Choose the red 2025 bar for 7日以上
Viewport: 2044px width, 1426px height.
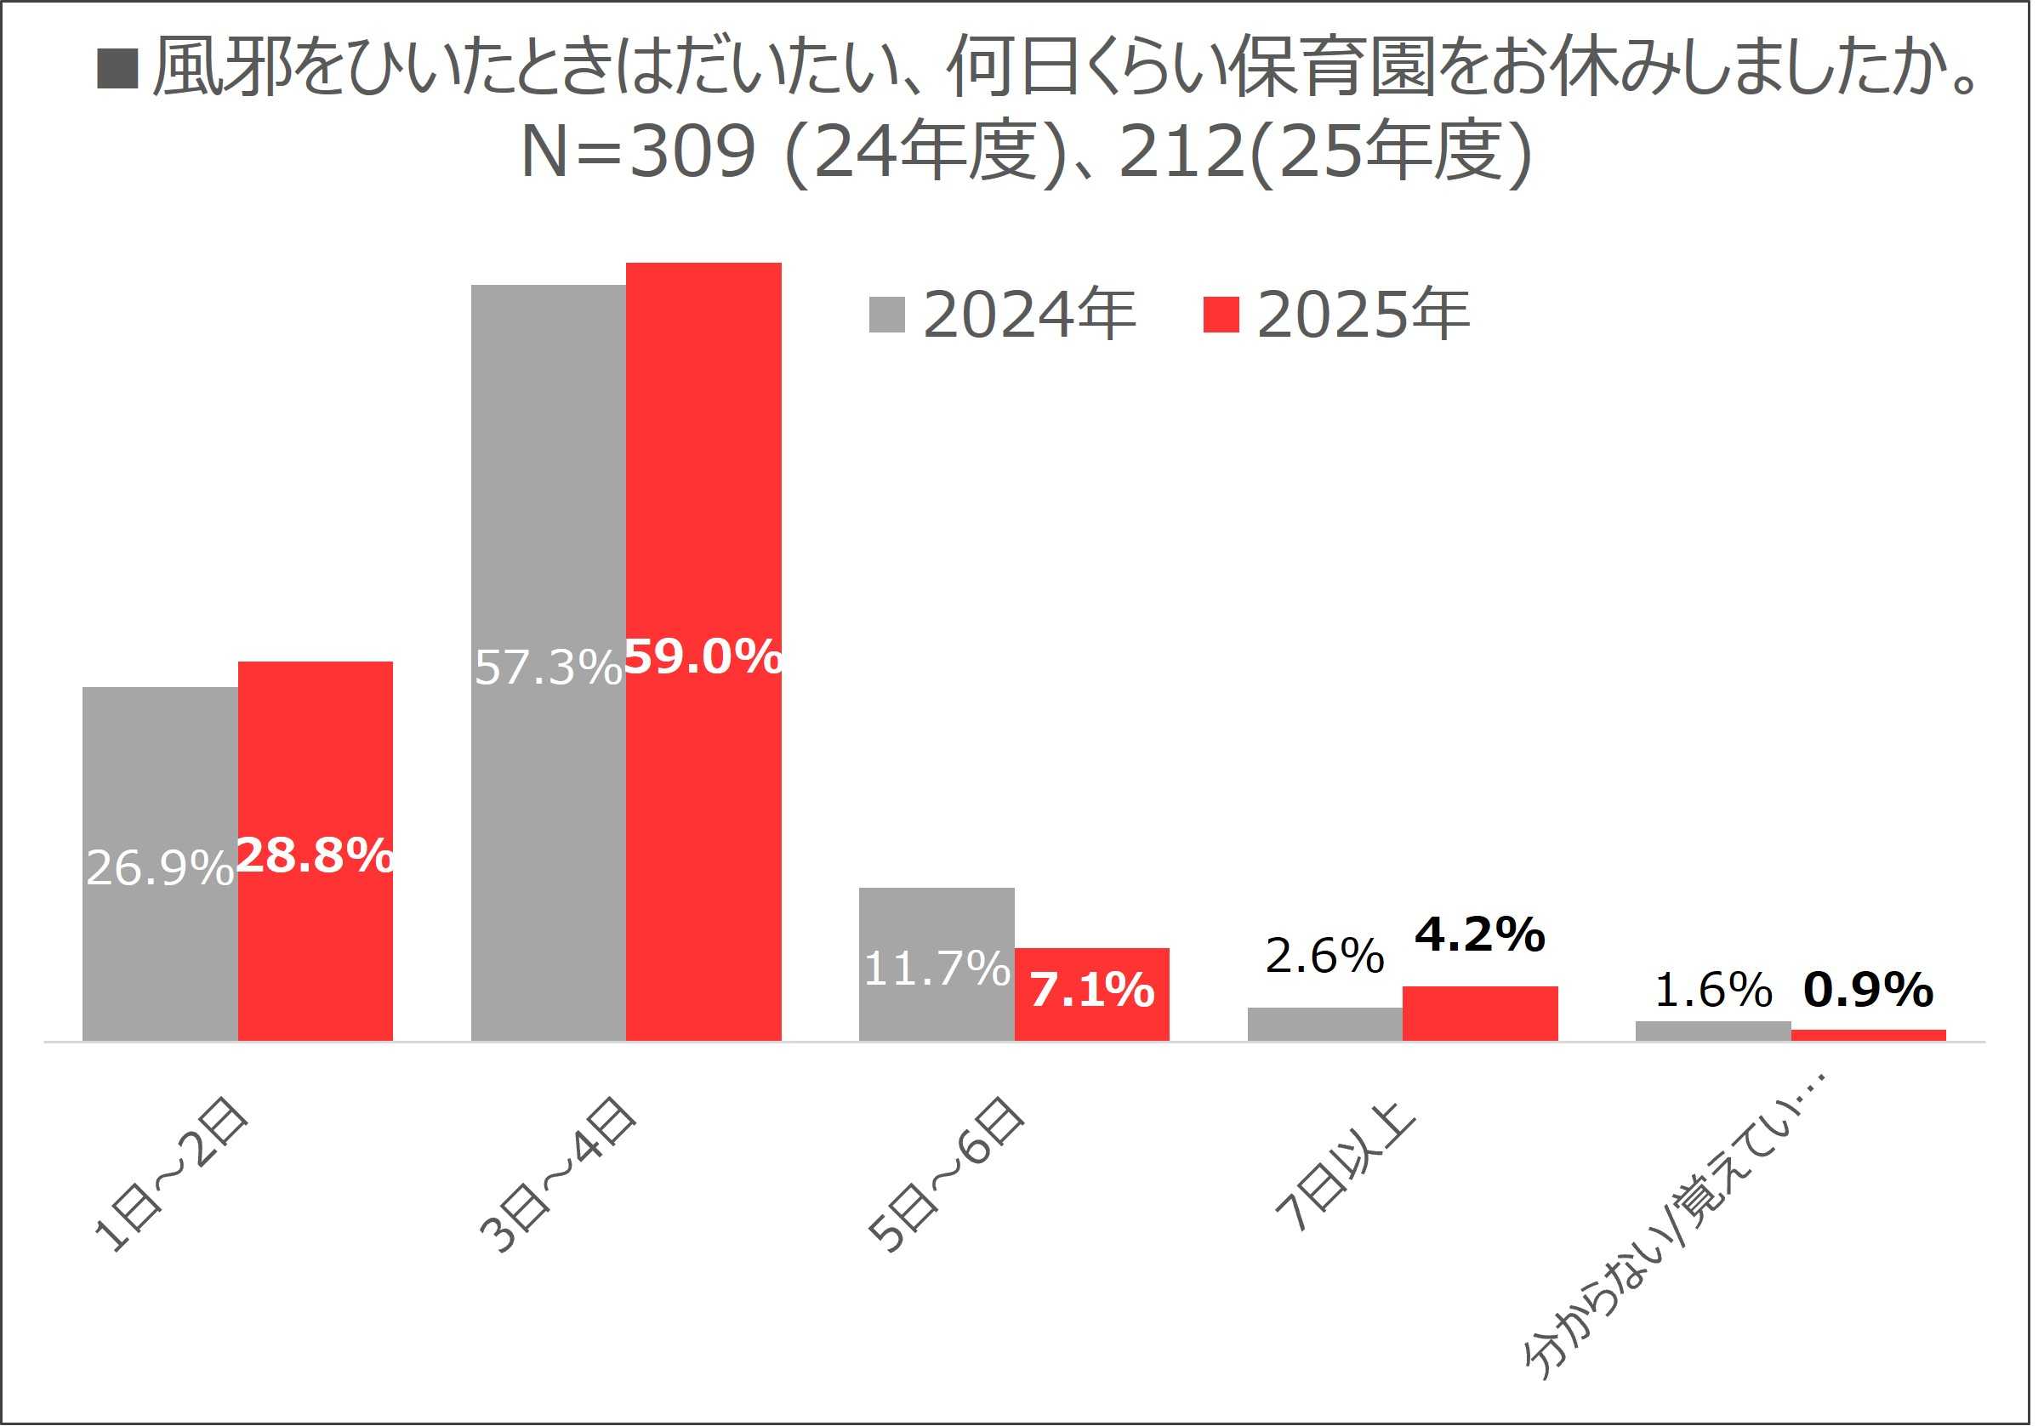1481,1014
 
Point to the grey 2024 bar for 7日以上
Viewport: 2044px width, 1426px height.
1325,1025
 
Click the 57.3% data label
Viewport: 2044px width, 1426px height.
548,668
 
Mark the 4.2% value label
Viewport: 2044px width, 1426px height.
1481,935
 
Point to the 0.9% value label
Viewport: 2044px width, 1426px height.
1869,990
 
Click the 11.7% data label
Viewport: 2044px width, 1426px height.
937,969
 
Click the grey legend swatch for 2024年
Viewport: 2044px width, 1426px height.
887,315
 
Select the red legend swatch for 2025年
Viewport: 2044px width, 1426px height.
1221,315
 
